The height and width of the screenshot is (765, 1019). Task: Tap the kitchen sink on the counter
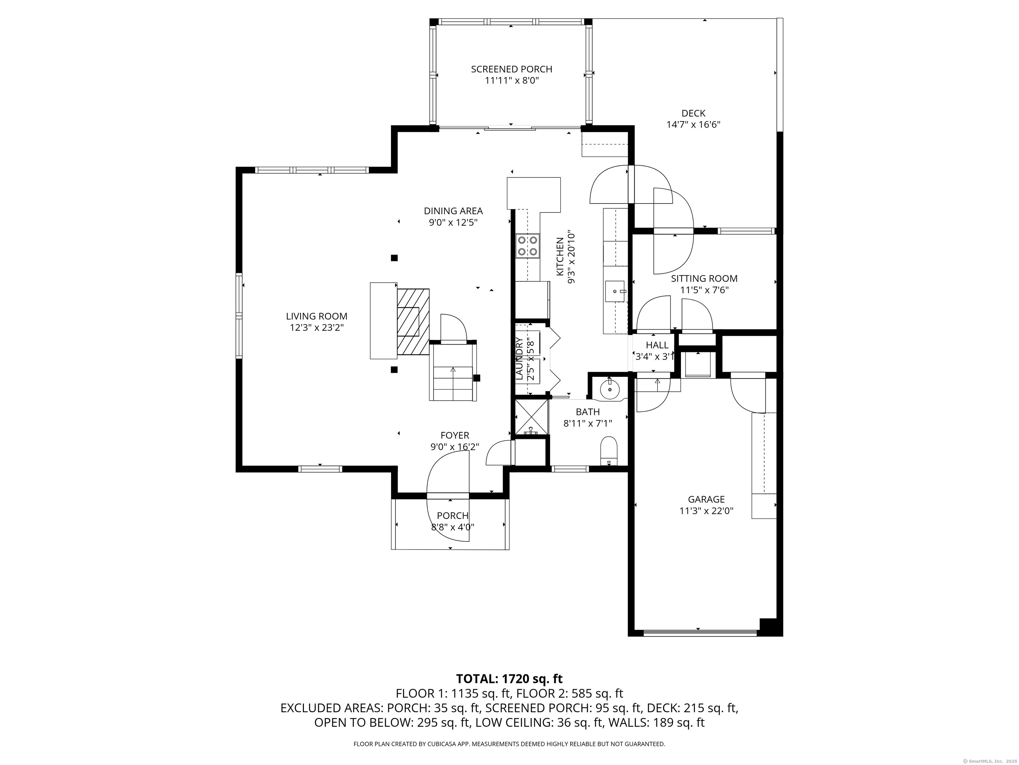[615, 291]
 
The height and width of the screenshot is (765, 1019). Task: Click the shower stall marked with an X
[531, 417]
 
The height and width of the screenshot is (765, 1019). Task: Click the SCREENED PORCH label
[511, 69]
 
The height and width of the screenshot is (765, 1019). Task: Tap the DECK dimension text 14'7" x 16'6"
[693, 125]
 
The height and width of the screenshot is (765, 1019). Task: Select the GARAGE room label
[706, 499]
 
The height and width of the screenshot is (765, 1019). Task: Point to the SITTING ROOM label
[704, 279]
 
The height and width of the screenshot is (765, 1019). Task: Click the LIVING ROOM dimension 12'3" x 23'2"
[316, 328]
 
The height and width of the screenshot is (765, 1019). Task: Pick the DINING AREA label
[453, 211]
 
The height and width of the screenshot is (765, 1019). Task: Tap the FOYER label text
[455, 435]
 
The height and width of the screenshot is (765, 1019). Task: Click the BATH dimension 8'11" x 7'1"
[588, 423]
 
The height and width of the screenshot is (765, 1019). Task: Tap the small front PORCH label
[453, 516]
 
